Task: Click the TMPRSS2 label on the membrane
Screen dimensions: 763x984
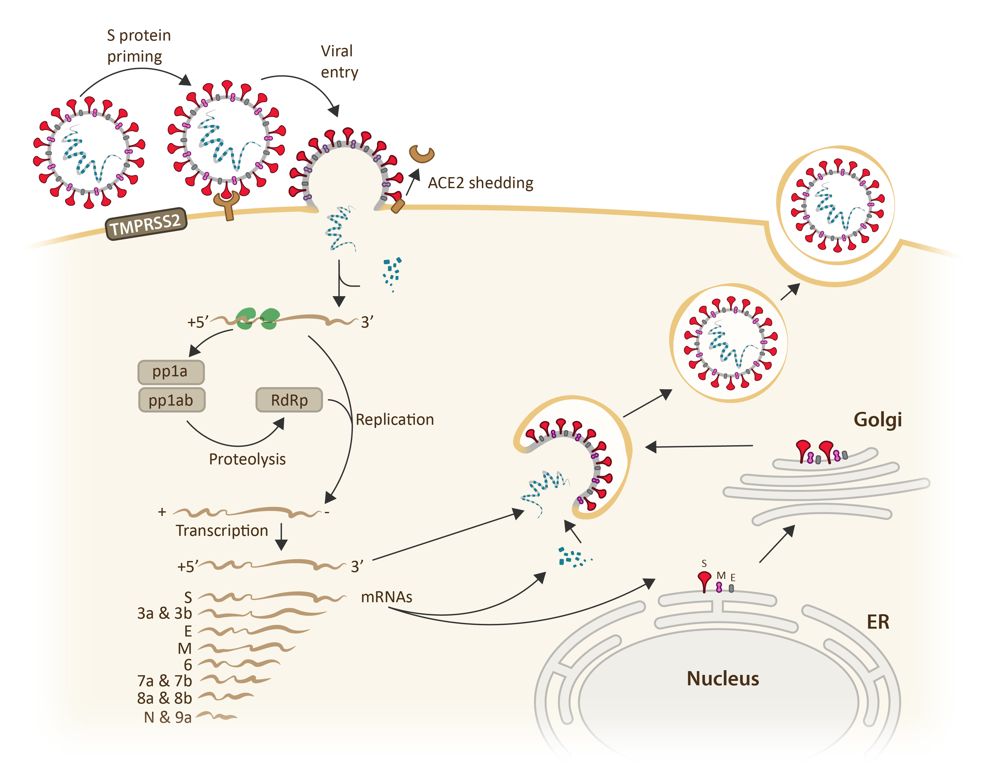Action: coord(145,224)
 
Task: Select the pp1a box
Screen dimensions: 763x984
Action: coord(171,372)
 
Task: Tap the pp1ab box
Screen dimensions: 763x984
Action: coord(171,400)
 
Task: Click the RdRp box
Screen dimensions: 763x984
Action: coord(289,400)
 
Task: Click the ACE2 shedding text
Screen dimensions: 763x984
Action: coord(480,183)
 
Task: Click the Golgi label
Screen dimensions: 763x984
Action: coord(877,419)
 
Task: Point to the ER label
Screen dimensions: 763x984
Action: coord(878,622)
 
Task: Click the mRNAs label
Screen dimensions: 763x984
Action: coord(387,597)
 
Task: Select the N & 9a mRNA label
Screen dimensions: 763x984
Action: coord(167,717)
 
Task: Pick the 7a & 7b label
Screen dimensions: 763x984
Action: coord(164,681)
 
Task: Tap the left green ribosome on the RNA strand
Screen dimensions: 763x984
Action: coord(246,318)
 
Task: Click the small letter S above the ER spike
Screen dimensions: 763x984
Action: coord(704,564)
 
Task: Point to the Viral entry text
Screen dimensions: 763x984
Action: coord(339,62)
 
